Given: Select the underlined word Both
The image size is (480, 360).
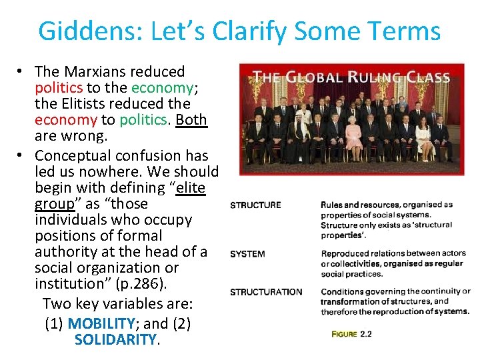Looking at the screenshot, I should pyautogui.click(x=191, y=120).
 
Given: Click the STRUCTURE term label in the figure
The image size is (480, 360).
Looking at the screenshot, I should pyautogui.click(x=255, y=205).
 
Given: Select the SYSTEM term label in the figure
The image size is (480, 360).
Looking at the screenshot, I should pyautogui.click(x=247, y=254).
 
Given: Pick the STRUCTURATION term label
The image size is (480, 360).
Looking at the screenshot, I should pyautogui.click(x=266, y=292).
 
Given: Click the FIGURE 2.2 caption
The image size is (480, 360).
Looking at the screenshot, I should pyautogui.click(x=351, y=334).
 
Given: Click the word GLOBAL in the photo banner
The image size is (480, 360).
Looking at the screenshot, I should pyautogui.click(x=313, y=77).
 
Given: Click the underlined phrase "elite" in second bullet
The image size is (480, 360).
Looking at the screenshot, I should pyautogui.click(x=190, y=188).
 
